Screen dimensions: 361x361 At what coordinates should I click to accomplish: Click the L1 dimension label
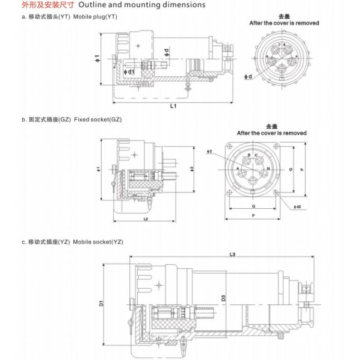tap(173, 106)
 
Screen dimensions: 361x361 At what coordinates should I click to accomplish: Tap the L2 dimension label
tap(147, 218)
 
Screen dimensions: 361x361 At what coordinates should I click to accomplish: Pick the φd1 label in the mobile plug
tap(128, 72)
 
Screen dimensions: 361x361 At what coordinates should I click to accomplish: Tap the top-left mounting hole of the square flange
tap(229, 146)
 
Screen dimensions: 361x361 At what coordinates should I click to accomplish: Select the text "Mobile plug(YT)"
tap(95, 16)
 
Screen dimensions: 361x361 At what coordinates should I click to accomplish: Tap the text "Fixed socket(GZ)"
tap(97, 120)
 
